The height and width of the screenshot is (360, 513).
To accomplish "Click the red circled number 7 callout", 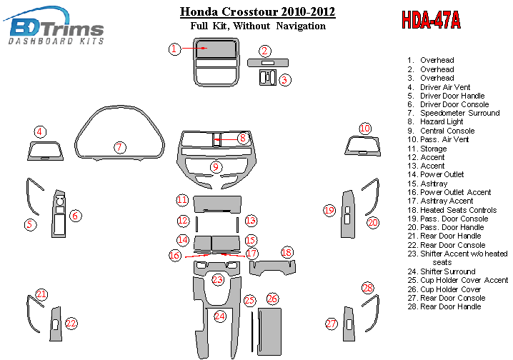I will [119, 147].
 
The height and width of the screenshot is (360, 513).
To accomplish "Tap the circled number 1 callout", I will [174, 49].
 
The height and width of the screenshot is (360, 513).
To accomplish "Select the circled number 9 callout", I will [215, 167].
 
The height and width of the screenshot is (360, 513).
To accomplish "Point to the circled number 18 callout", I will [287, 252].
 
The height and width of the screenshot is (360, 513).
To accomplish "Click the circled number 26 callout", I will [272, 299].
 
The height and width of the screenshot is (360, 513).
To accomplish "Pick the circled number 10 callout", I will [365, 129].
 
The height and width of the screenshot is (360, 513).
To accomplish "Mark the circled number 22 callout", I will [71, 324].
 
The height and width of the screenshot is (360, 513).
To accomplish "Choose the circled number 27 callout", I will [331, 324].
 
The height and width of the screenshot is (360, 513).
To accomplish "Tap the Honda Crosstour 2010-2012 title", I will [257, 12].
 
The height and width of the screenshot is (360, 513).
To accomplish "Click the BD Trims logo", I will [56, 27].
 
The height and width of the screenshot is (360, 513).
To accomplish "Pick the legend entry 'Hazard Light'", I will [442, 122].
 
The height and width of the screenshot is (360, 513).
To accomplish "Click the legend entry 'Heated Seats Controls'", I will [458, 210].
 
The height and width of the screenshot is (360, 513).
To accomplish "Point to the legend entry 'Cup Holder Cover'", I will [450, 289].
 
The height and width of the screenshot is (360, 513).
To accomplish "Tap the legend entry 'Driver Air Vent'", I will [445, 86].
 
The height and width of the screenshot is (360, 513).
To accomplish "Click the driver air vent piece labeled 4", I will [44, 151].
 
